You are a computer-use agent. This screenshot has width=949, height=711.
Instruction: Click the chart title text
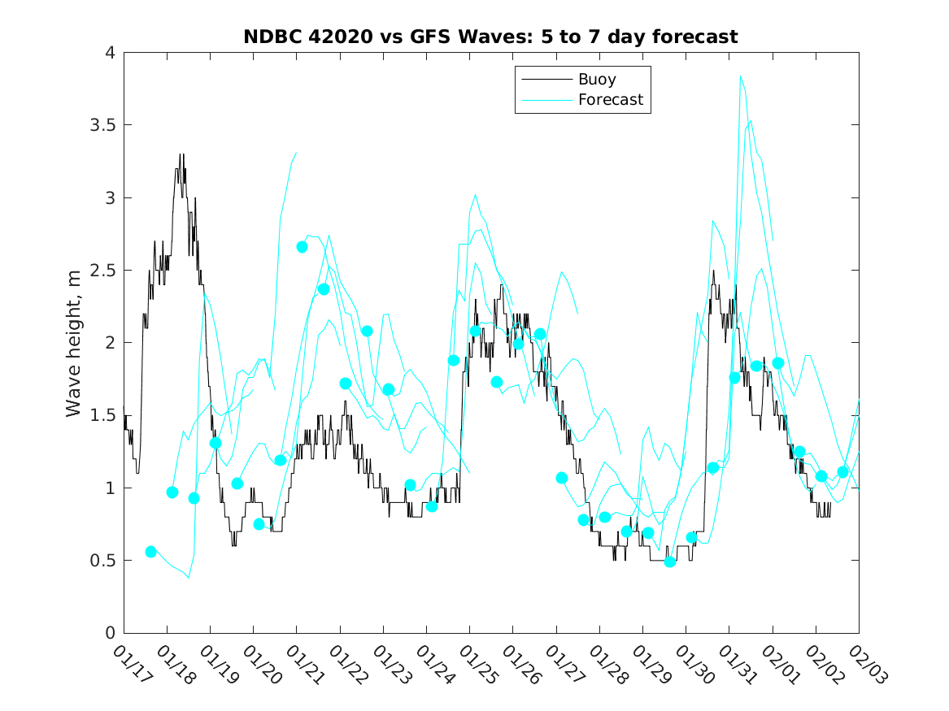click(x=490, y=37)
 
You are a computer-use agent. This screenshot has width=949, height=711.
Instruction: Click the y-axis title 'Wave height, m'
click(x=74, y=344)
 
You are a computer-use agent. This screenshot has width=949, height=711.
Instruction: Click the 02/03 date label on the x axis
click(x=867, y=665)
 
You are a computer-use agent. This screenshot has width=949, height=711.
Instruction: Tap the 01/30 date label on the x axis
click(x=694, y=665)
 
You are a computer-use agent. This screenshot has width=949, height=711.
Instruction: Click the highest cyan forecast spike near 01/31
click(x=740, y=76)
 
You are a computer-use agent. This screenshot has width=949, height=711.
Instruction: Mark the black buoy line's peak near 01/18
click(x=181, y=154)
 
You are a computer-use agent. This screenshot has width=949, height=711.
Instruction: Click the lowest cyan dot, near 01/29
click(x=670, y=561)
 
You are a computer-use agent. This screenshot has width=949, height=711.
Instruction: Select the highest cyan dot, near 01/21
click(x=302, y=247)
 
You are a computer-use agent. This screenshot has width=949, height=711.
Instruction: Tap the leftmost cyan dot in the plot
click(x=150, y=552)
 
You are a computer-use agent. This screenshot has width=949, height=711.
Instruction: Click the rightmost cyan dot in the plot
click(x=842, y=472)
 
